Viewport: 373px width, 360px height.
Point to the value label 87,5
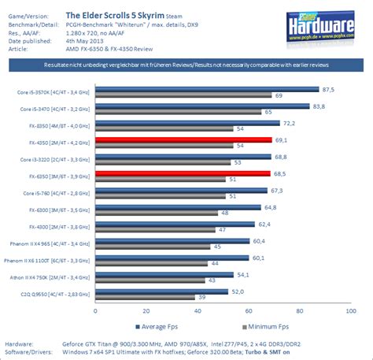coord(328,89)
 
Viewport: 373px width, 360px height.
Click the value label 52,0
coord(282,291)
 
